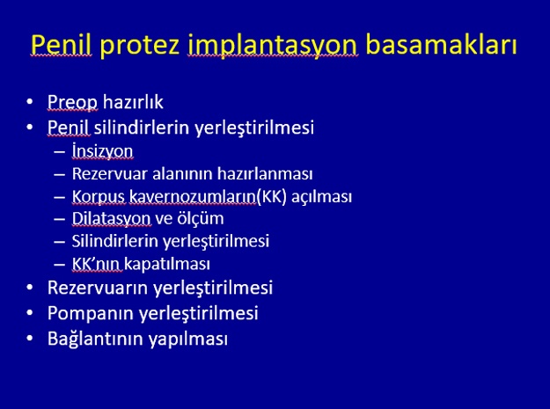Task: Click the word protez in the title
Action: click(x=140, y=46)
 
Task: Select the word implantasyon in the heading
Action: click(x=273, y=46)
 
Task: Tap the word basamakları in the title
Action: click(x=441, y=44)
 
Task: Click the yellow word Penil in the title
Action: click(x=61, y=45)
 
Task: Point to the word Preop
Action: click(x=73, y=102)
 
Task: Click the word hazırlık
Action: click(x=133, y=102)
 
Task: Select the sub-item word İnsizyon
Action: click(x=102, y=151)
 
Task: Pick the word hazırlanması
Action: click(x=265, y=173)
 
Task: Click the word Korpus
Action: click(x=99, y=197)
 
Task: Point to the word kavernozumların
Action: click(x=193, y=197)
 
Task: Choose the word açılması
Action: click(x=321, y=197)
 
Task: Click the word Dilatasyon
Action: click(x=111, y=219)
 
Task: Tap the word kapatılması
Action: click(x=167, y=264)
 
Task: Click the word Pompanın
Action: click(x=92, y=313)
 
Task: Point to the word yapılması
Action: click(x=188, y=340)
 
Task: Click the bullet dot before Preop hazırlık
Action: click(x=30, y=102)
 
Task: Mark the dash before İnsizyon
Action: click(x=60, y=152)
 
